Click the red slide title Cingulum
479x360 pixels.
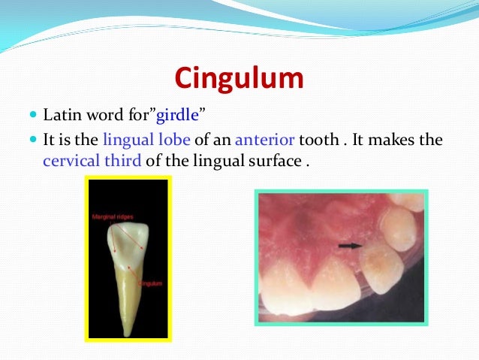coord(239,77)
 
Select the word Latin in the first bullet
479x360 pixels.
coord(59,116)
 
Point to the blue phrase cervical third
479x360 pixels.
coord(83,160)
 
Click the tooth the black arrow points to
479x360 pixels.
coord(383,271)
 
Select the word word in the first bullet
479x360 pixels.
coord(96,116)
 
